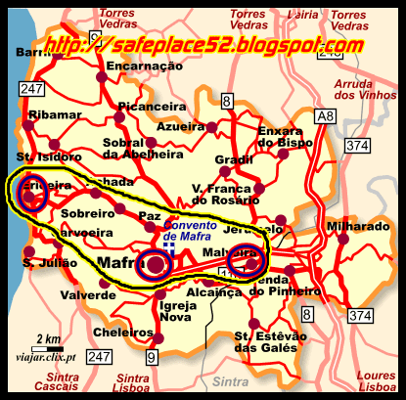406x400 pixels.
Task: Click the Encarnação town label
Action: tap(146, 67)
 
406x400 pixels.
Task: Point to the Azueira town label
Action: tap(180, 126)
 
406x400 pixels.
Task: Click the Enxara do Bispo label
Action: tap(285, 137)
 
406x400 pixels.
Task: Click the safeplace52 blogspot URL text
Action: tap(202, 45)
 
